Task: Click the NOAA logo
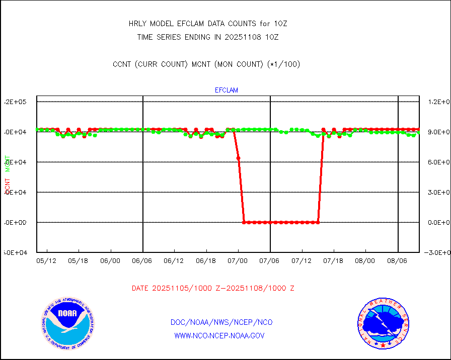click(67, 322)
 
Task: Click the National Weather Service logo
click(383, 323)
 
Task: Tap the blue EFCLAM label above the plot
click(226, 91)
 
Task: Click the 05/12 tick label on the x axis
click(46, 261)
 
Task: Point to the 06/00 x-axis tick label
click(110, 261)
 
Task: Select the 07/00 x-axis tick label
click(238, 261)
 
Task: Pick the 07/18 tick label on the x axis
click(333, 261)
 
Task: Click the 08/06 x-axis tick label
click(397, 261)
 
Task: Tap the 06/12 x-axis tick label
click(174, 261)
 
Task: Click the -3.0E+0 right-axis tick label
click(436, 252)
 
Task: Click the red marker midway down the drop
click(238, 158)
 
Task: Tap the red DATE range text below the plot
click(212, 289)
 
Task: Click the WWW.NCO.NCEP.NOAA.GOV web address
click(219, 335)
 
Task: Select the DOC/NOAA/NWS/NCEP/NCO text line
click(221, 322)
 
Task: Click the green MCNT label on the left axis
click(8, 164)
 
